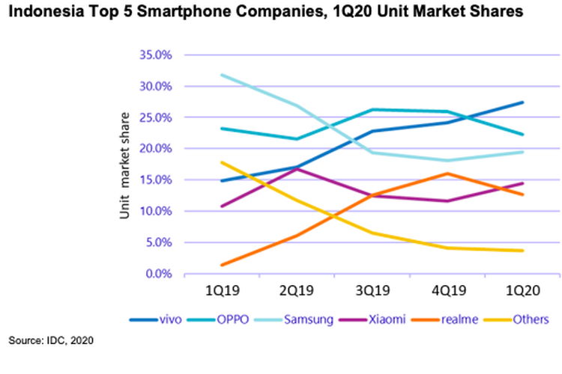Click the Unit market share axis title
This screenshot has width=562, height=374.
[124, 165]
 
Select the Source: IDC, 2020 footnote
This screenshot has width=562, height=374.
[52, 341]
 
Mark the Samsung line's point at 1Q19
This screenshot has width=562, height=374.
[223, 75]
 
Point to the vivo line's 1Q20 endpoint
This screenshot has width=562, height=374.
[522, 102]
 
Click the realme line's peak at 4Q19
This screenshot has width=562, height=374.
[447, 174]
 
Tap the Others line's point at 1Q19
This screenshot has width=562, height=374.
[223, 162]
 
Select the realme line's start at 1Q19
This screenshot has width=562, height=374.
[223, 265]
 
